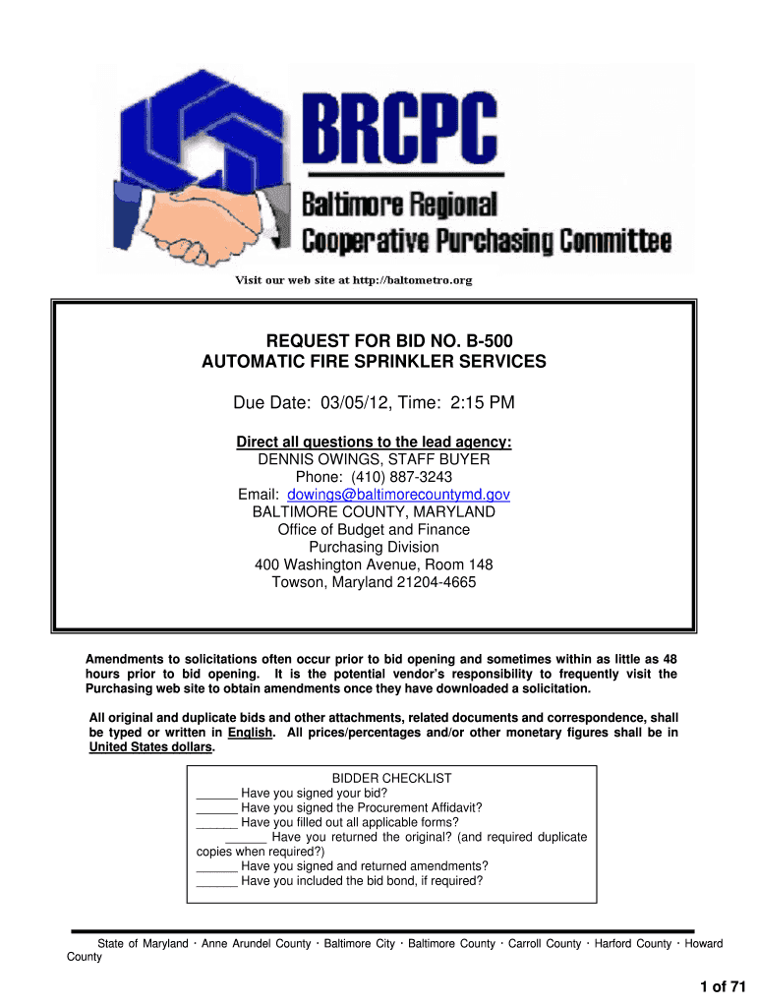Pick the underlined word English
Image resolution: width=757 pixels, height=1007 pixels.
pos(249,733)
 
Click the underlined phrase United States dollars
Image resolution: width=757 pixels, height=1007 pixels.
pos(150,747)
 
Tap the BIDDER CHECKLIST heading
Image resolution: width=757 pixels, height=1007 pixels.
pos(391,778)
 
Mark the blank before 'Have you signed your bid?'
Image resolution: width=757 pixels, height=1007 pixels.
pos(217,793)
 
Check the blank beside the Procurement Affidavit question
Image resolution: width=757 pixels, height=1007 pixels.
pos(217,807)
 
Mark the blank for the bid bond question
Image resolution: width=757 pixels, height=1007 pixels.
pos(217,881)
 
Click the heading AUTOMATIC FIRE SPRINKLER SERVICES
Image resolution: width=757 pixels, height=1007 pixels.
pos(374,362)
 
